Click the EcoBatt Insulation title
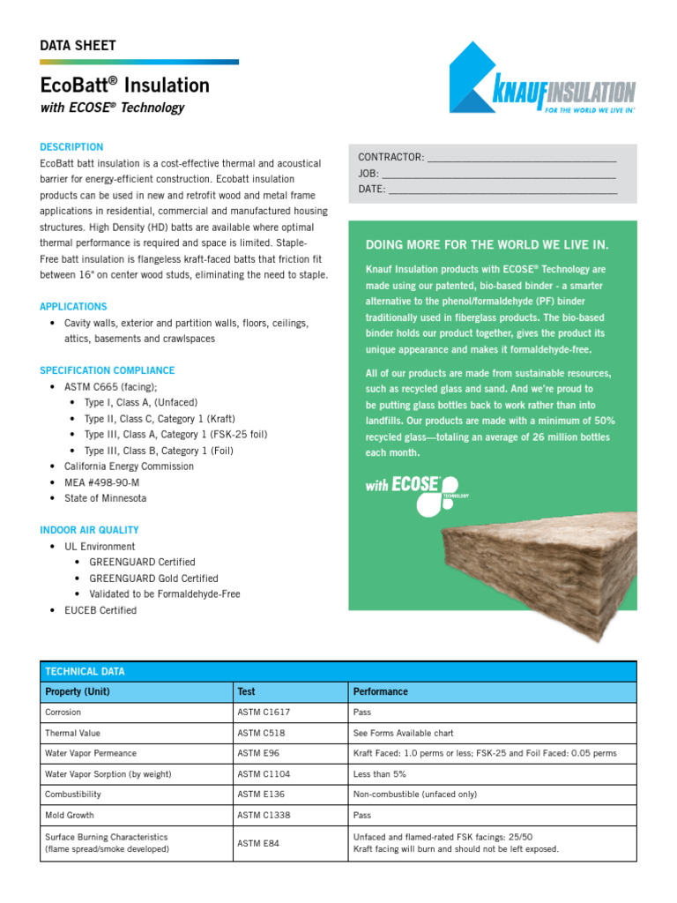124,86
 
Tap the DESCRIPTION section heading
71,147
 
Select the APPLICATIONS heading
73,307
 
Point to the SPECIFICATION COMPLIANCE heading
107,370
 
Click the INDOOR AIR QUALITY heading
89,530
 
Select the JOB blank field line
498,174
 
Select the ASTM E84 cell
258,844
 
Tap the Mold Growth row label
70,816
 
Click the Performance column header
381,691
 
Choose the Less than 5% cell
380,774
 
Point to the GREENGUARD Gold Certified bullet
153,578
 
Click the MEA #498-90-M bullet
101,482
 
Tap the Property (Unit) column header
78,691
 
